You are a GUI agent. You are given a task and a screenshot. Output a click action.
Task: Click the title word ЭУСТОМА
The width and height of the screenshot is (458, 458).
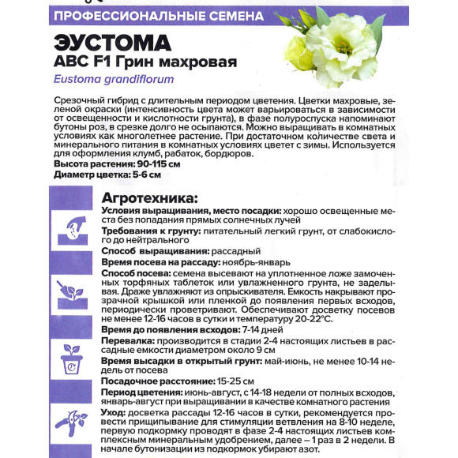114,42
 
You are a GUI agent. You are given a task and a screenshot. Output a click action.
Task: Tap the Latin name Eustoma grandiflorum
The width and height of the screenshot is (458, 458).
114,79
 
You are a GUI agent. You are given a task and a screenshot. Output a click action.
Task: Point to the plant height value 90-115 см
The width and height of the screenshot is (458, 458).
156,163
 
